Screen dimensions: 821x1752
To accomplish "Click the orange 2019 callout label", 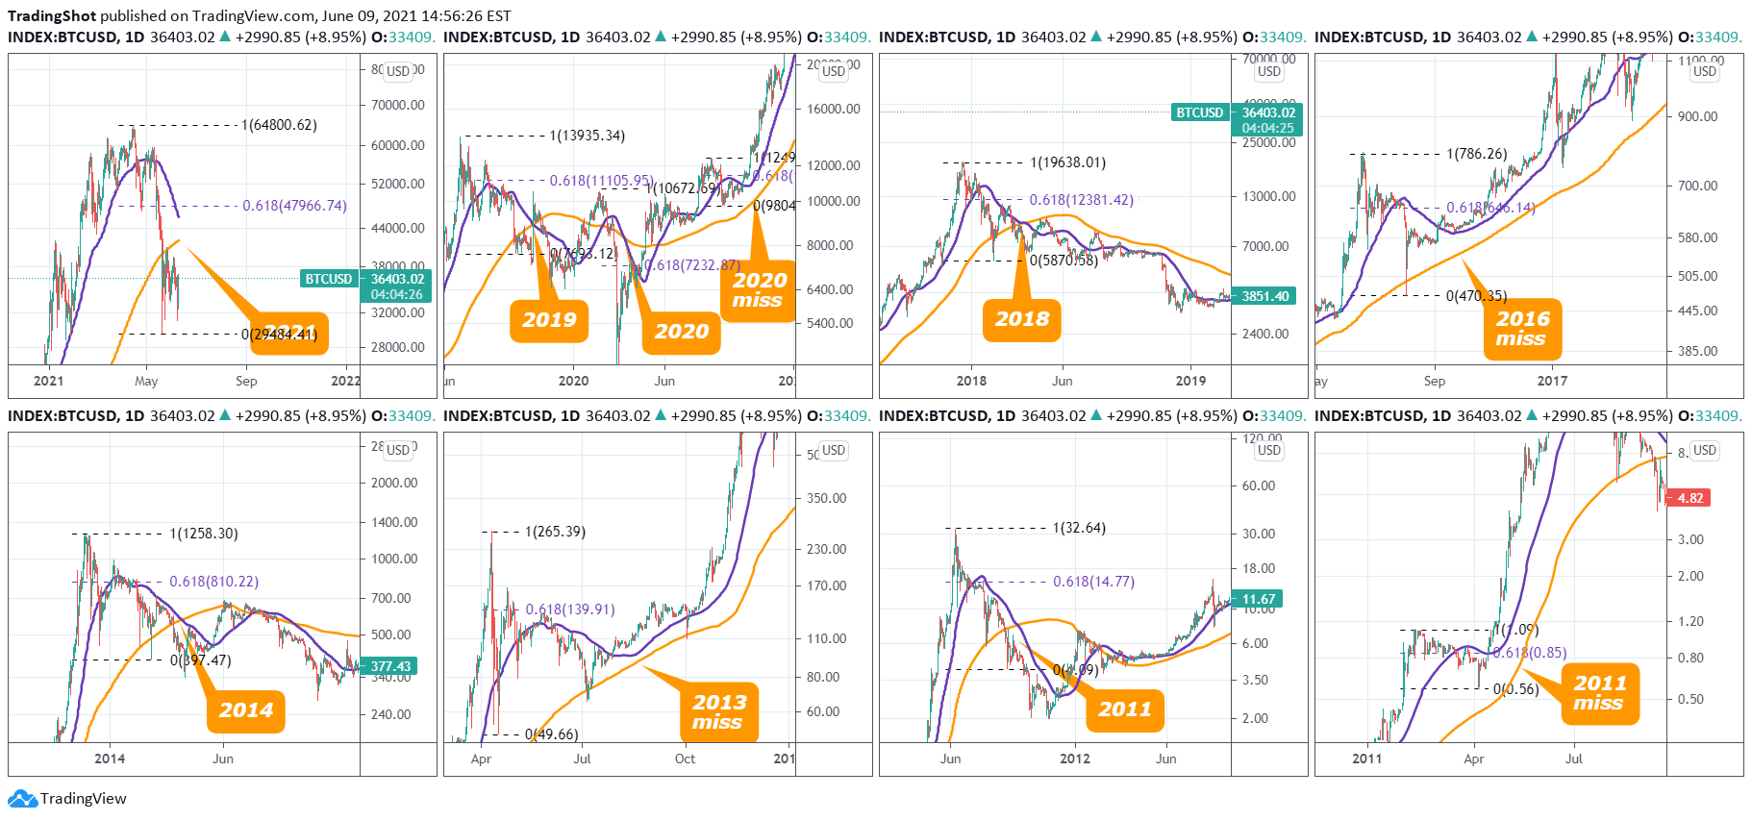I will (x=549, y=321).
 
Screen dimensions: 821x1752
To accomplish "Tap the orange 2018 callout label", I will (x=1021, y=320).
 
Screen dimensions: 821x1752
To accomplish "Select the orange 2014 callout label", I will (x=246, y=711).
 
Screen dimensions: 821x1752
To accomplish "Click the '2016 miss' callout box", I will (x=1522, y=329).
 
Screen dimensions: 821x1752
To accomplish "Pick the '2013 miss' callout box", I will (x=718, y=712).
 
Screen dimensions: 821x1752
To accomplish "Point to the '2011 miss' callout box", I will (x=1599, y=693).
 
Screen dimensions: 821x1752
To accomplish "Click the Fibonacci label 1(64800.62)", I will (x=279, y=125).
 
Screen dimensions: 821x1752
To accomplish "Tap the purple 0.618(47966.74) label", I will (x=294, y=206).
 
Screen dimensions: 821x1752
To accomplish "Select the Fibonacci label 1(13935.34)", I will (x=587, y=136).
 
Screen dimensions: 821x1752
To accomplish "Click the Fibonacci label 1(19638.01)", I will (x=1067, y=162).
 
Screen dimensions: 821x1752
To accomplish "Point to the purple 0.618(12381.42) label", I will (x=1081, y=200).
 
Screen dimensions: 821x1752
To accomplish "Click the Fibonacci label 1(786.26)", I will (x=1476, y=154).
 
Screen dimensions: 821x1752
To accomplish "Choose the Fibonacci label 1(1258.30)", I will (x=204, y=534).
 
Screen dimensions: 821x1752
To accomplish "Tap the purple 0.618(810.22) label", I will (x=213, y=582).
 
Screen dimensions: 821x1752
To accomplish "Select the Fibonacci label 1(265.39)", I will (x=555, y=532).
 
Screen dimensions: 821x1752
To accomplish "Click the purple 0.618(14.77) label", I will (x=1093, y=582).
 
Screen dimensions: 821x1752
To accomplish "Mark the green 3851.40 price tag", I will (x=1264, y=296).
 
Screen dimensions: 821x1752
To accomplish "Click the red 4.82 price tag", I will (x=1689, y=498).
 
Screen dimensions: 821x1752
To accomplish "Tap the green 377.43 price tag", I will (x=390, y=666).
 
